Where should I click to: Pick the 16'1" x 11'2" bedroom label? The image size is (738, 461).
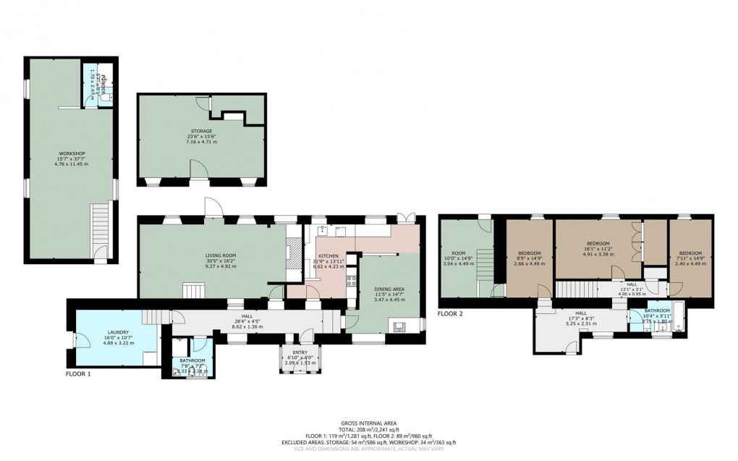(598, 243)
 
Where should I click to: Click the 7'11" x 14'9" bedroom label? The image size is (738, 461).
(690, 253)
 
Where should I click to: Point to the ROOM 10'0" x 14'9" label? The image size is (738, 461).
(457, 253)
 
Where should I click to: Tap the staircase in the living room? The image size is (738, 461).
(194, 291)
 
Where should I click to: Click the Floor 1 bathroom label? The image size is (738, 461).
(192, 360)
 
